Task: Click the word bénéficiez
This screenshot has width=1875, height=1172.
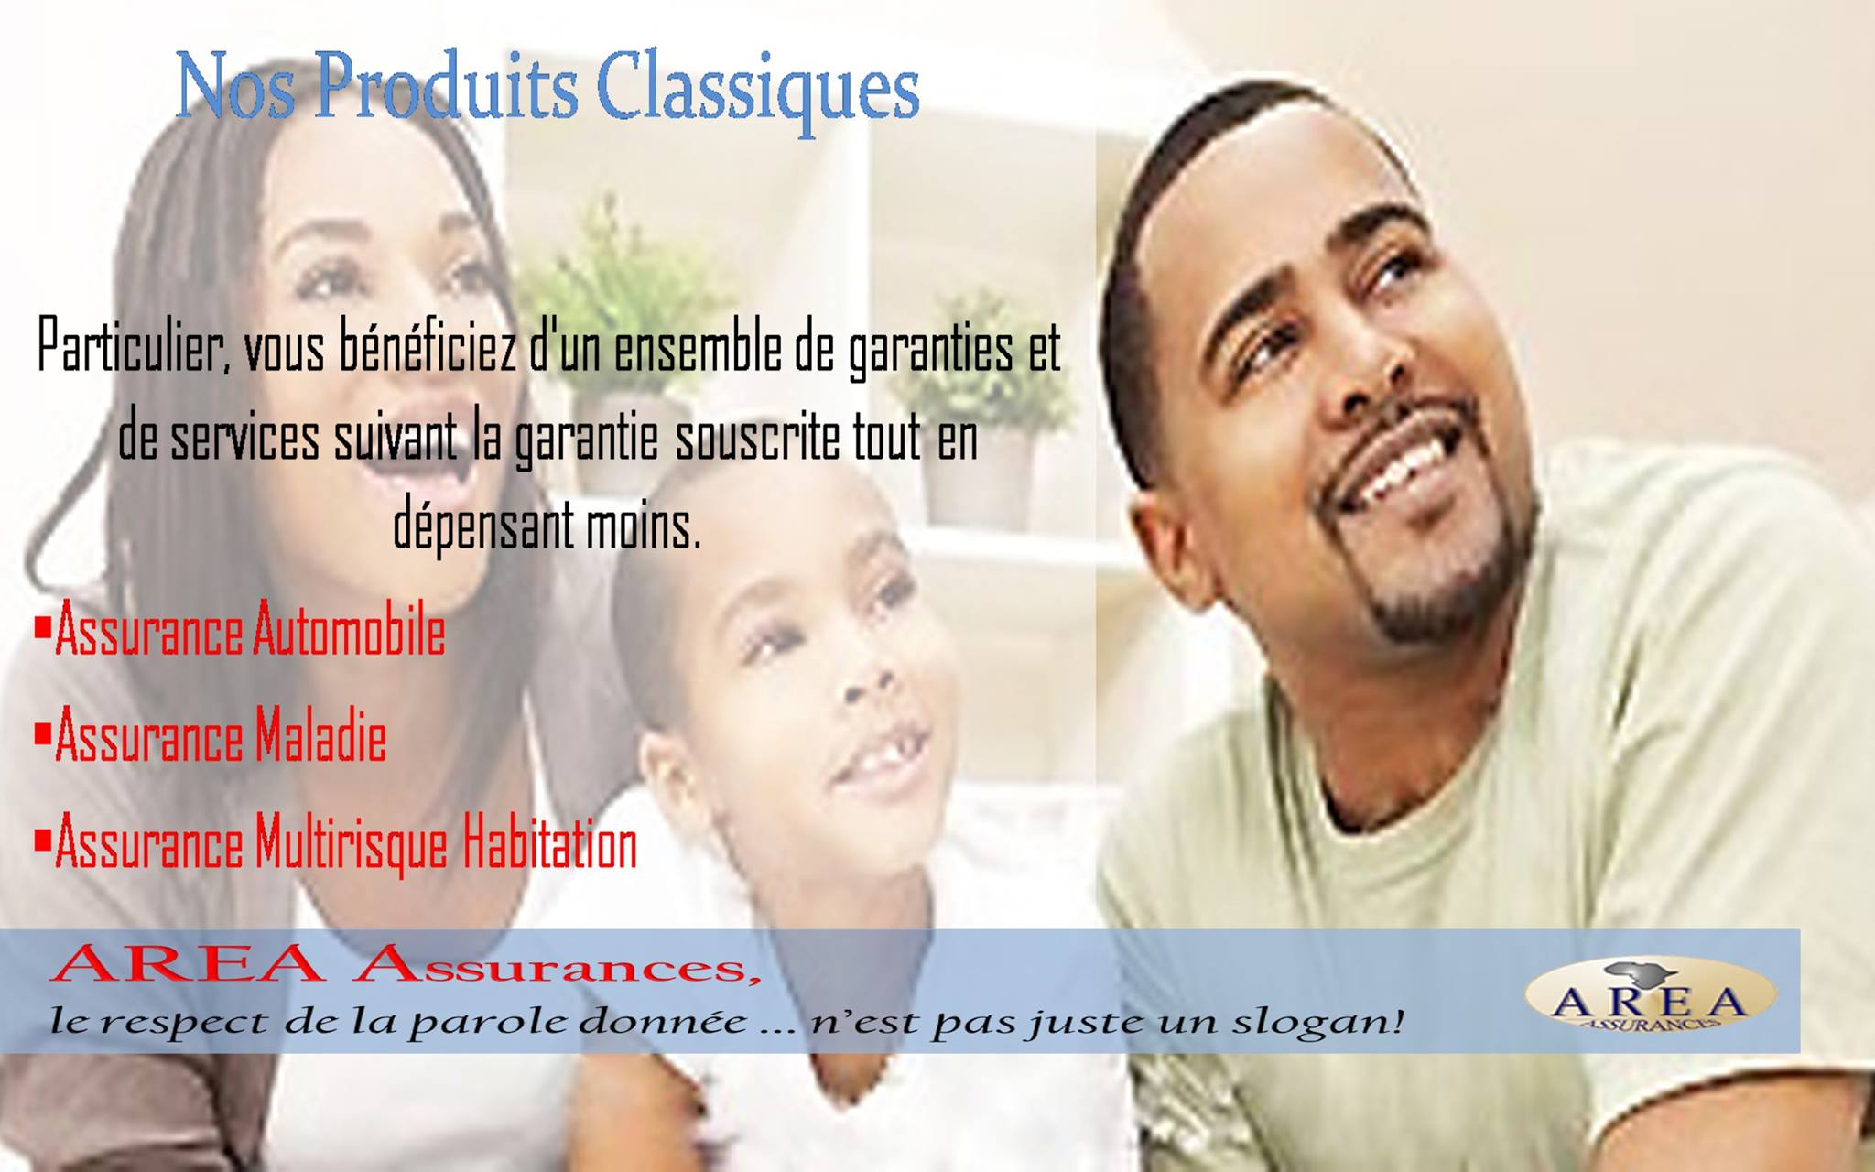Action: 428,348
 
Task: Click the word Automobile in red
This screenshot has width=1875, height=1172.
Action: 349,631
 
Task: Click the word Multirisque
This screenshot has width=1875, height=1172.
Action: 352,844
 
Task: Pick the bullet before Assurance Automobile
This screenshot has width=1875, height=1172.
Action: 41,628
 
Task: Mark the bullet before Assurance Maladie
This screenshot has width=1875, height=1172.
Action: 41,732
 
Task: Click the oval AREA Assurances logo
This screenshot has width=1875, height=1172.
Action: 1649,994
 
